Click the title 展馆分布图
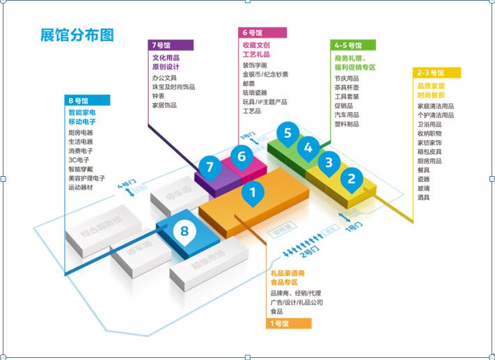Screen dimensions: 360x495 pyautogui.click(x=77, y=35)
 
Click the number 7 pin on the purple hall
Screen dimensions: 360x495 pyautogui.click(x=208, y=167)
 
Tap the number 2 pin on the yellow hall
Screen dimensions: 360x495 pyautogui.click(x=352, y=179)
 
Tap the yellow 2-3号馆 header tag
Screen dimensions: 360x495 pyautogui.click(x=439, y=72)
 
